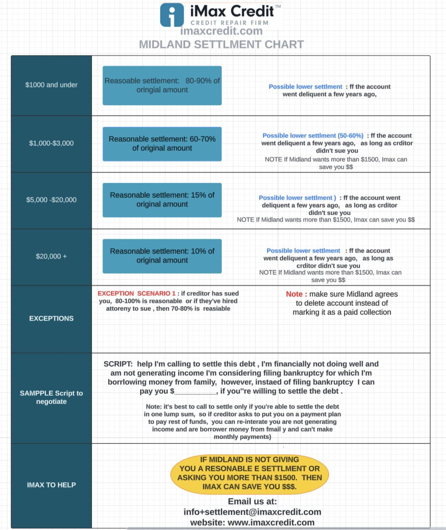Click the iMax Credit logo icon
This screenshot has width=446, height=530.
point(172,15)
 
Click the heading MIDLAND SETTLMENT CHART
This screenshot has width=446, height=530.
point(221,45)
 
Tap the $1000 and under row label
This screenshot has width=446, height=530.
point(51,85)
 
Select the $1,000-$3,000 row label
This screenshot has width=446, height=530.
point(51,143)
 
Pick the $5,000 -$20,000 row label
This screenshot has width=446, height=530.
point(51,200)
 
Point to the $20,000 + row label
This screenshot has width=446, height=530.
point(51,256)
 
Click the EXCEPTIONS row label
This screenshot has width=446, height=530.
point(51,318)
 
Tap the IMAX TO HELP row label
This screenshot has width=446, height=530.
point(51,485)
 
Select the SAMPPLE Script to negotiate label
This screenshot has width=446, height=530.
point(51,397)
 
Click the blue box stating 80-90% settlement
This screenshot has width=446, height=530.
point(162,85)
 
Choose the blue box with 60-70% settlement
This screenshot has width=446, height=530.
point(162,144)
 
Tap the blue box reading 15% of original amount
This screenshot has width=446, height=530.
point(162,200)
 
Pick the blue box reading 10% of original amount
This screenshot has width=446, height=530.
point(162,256)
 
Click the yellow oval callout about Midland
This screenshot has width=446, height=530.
point(250,473)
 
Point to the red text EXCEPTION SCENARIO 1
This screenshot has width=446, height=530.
point(136,293)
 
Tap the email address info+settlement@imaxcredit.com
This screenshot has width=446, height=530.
point(252,512)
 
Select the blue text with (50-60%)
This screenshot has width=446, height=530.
point(313,136)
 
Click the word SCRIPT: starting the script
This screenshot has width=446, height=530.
point(118,364)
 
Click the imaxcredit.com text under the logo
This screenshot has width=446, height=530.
point(221,31)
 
